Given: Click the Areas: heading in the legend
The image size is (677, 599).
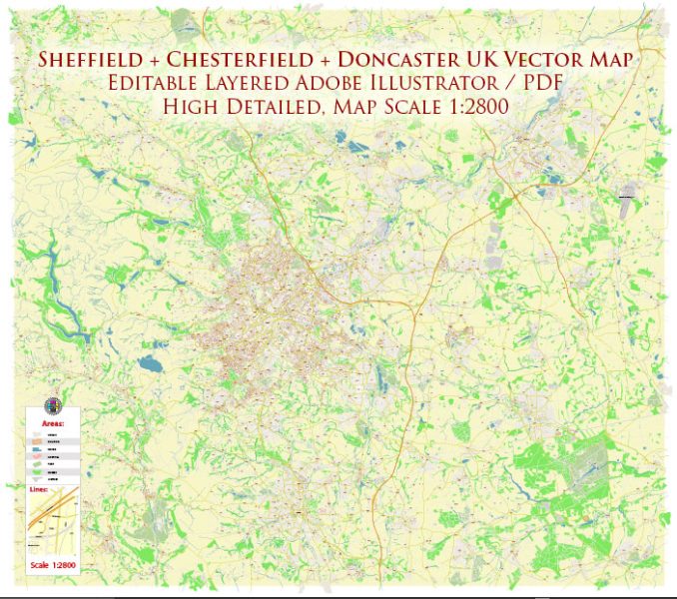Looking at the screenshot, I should click(x=53, y=423).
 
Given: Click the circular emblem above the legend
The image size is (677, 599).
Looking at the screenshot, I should click(x=52, y=405).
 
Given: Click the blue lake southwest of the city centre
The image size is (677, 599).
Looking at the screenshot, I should click(x=151, y=365).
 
